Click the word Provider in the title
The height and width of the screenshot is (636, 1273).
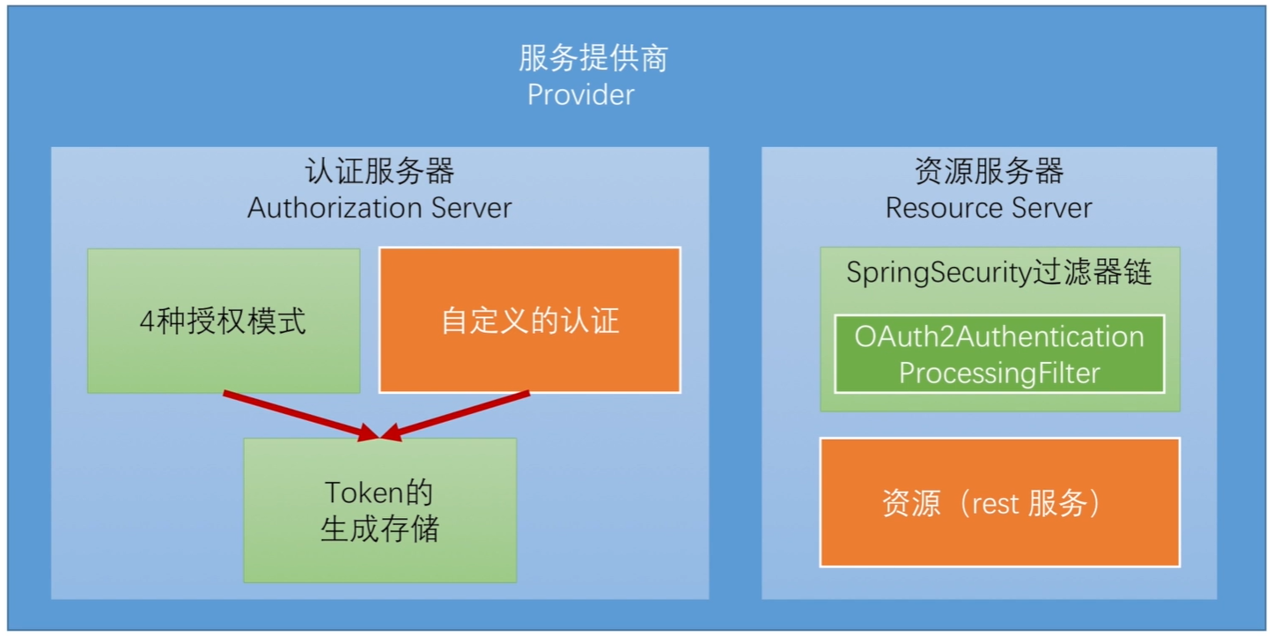(x=580, y=94)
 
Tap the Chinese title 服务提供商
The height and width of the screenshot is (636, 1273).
(x=592, y=59)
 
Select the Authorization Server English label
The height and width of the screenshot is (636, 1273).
(x=379, y=208)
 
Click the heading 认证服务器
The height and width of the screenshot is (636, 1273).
(x=379, y=171)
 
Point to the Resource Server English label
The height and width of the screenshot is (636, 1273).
(x=989, y=208)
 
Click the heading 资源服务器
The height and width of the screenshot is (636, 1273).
(x=989, y=171)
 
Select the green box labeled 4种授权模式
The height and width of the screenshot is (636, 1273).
(x=223, y=321)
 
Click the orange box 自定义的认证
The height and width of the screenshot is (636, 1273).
(x=529, y=321)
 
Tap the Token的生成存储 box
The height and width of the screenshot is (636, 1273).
(x=379, y=510)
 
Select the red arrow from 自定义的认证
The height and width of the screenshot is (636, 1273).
(x=458, y=414)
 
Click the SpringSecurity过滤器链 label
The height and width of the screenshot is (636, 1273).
(x=999, y=273)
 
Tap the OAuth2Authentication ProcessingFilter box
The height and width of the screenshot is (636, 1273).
(x=999, y=354)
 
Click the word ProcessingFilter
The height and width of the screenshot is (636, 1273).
(x=999, y=373)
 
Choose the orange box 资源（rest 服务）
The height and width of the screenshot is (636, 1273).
(x=999, y=502)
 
